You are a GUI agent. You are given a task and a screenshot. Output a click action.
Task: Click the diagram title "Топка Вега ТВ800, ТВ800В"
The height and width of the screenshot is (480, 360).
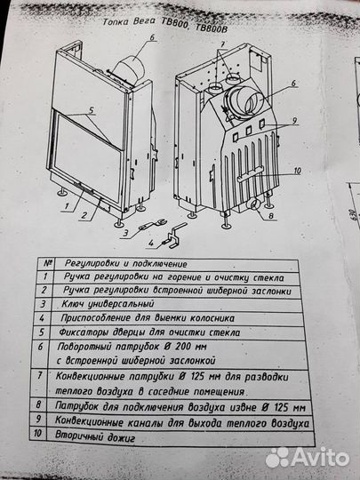(164, 25)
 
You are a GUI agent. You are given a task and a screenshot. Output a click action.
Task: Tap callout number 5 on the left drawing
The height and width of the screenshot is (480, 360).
(91, 110)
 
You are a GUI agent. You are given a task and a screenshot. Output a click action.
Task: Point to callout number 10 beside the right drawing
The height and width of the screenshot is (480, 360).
(297, 171)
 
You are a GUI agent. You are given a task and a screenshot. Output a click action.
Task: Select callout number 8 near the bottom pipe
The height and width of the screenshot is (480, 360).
(270, 215)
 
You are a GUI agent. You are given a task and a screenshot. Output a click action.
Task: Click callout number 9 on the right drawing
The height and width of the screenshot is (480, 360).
(294, 121)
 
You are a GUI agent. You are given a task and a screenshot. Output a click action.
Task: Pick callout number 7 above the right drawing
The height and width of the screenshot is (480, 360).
(222, 44)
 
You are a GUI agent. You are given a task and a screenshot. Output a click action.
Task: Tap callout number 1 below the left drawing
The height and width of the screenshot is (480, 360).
(67, 206)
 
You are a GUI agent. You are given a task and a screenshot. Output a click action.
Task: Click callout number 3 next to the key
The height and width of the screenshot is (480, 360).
(126, 234)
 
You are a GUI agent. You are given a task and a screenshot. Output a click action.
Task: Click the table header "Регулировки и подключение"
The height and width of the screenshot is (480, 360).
(126, 264)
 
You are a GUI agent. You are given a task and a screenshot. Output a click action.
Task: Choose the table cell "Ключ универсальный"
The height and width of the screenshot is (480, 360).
(108, 304)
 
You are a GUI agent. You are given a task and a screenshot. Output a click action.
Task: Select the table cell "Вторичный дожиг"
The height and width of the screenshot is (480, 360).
(95, 436)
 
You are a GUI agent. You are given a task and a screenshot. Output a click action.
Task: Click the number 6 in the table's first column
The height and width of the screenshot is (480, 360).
(41, 347)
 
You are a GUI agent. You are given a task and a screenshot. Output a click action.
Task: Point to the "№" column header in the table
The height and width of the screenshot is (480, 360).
(48, 263)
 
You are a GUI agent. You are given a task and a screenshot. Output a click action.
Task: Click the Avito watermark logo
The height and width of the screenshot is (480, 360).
(307, 458)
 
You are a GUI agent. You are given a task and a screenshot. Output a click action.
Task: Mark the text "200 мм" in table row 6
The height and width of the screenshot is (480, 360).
(191, 347)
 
